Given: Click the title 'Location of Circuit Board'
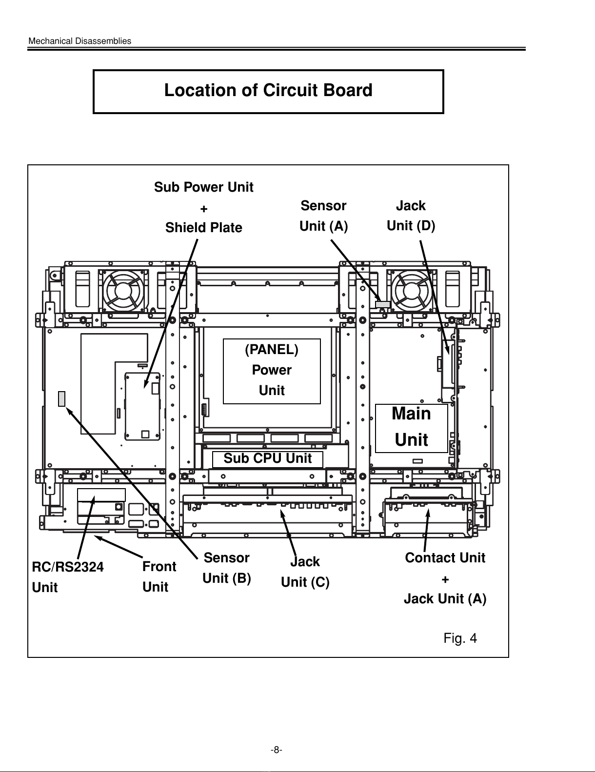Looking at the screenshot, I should [x=268, y=91].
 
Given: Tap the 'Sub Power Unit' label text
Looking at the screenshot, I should [x=204, y=187].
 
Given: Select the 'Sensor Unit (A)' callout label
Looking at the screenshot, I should [x=323, y=216].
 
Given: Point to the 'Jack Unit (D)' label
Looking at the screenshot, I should [x=411, y=216].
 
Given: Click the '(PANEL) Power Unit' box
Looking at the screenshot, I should [x=272, y=371].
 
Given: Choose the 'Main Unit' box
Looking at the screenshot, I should [x=412, y=427].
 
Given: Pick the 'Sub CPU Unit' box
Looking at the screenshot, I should [x=268, y=459].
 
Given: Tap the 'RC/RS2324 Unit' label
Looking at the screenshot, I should [x=67, y=577].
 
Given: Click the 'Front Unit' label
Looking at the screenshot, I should [x=159, y=576].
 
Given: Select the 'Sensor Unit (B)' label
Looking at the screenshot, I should [x=226, y=568].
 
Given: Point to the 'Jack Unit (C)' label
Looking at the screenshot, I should [x=305, y=572].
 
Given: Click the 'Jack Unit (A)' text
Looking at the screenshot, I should [x=445, y=598].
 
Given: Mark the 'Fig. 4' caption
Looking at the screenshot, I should [x=460, y=638].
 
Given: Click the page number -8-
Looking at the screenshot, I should [x=277, y=750].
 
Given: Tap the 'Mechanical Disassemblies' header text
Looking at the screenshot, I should [x=80, y=41].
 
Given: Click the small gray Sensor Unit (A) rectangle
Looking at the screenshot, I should [x=383, y=304].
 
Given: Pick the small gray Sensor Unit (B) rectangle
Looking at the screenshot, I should [x=61, y=398].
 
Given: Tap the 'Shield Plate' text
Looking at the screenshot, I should [x=203, y=228].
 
